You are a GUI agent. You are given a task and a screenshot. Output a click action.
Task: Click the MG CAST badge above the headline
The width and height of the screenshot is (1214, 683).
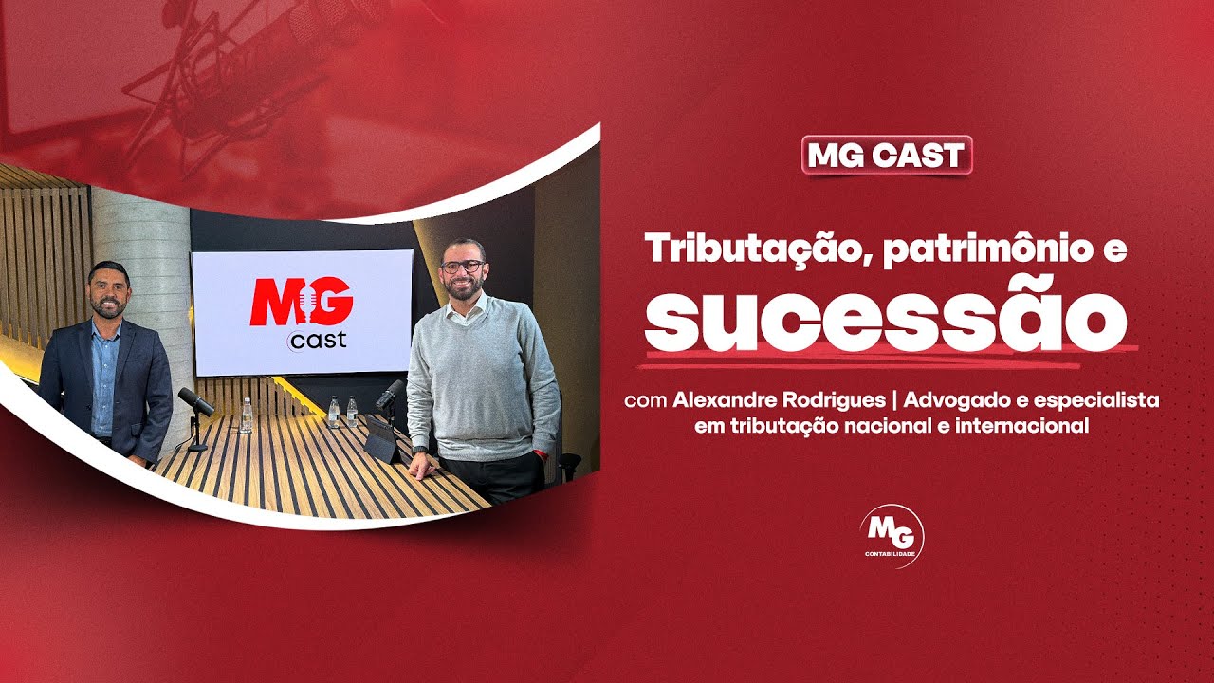(887, 156)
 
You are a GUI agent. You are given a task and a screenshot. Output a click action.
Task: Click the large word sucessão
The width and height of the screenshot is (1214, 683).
(885, 314)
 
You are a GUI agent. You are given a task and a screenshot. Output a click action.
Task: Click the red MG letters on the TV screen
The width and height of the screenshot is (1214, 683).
(302, 300)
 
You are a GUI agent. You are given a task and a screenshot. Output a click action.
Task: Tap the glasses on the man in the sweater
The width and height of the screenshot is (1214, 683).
(462, 267)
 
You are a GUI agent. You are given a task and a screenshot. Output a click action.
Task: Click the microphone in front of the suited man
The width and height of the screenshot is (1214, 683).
(195, 400)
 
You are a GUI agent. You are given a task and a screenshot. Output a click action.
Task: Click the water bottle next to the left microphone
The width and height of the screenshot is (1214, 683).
(246, 415)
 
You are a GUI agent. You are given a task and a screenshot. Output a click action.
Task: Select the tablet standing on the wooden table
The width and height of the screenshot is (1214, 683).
(383, 441)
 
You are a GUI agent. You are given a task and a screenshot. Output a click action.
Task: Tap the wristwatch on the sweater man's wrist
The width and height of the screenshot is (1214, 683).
(420, 450)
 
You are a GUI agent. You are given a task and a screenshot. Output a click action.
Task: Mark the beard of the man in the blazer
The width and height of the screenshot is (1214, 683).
(107, 307)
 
